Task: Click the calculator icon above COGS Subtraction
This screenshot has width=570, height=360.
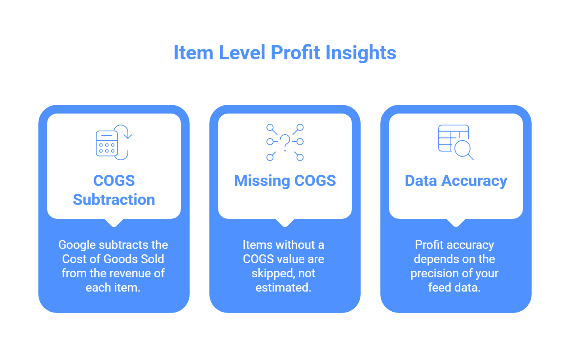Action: coord(107,143)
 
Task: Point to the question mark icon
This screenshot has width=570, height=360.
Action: coord(285,142)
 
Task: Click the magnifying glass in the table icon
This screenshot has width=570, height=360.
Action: coord(463,149)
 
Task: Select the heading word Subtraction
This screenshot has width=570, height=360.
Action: coord(114,200)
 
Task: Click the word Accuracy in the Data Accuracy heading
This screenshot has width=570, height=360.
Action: coord(474,181)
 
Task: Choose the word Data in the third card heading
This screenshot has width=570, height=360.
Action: coord(420,181)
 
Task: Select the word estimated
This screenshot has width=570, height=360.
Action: coord(283,288)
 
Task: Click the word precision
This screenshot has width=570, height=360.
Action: coord(434,273)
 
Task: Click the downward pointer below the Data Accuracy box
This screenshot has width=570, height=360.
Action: coord(456,223)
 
